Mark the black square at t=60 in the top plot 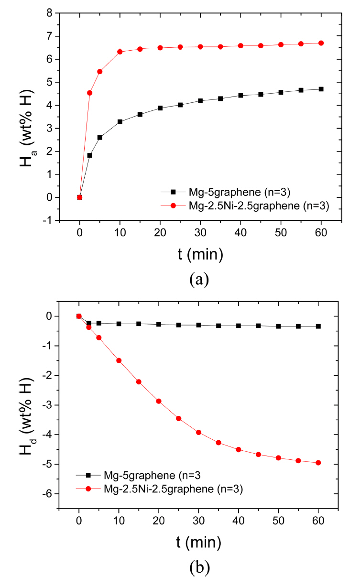click(x=321, y=89)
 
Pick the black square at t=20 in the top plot click(x=160, y=108)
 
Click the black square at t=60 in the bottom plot click(x=318, y=326)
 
